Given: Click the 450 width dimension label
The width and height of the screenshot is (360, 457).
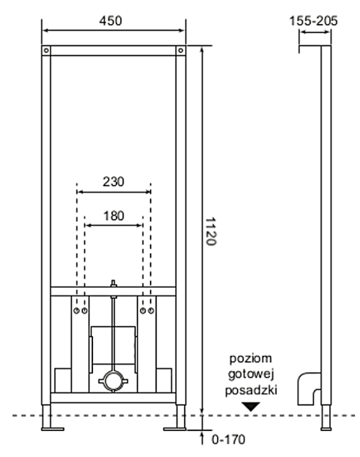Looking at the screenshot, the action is coord(110,20).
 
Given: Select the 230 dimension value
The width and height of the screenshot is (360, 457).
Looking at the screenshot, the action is coord(113,182).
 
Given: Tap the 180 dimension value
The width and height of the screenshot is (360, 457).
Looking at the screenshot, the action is coord(113,216).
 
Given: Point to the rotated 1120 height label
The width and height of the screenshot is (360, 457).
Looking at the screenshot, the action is coord(211,232).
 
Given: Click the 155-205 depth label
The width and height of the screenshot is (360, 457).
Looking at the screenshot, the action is coord(314,20).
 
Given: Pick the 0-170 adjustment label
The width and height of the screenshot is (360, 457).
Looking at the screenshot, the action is coord(229,440).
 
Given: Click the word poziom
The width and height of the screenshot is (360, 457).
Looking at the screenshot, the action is coord(251,358).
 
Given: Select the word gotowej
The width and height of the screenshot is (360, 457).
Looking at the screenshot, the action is coord(251,375).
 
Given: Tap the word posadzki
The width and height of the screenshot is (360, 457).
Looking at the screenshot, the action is coord(251,390).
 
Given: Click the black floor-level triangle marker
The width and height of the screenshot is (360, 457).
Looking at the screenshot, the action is coord(251,406).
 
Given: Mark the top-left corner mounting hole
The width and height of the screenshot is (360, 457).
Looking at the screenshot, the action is coord(46,50).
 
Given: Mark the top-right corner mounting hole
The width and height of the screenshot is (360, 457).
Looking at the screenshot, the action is coord(180,50).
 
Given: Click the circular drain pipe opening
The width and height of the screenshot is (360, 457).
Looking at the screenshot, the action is coord(113,381).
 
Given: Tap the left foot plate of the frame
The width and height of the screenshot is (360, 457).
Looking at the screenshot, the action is coord(53,429).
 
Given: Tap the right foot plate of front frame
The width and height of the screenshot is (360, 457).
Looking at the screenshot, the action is coord(175,429).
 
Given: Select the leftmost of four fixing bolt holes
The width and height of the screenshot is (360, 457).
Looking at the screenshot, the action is coord(76,311).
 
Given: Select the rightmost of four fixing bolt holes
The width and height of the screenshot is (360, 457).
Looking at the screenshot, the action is coord(151,311).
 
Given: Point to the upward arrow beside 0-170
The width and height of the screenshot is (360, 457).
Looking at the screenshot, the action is coord(202,438).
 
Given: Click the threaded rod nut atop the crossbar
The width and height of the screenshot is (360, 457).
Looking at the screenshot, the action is coord(113,283).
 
